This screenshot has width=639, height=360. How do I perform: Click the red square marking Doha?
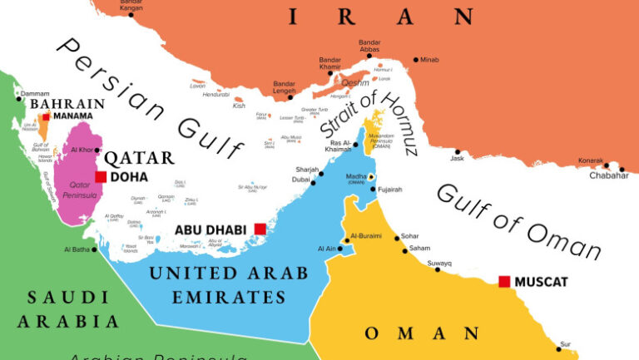(101, 177)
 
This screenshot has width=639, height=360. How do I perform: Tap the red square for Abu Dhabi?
(260, 229)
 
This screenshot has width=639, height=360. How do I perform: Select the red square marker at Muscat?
(503, 282)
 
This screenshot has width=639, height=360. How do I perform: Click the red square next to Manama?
(45, 117)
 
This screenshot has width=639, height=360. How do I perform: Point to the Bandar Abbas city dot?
(369, 57)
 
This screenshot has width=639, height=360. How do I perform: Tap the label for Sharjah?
(307, 170)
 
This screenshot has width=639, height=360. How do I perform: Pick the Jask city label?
(457, 159)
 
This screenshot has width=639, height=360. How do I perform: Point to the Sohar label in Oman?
(411, 236)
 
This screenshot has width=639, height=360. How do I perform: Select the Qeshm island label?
(355, 82)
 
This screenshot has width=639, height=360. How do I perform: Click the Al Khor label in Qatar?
(82, 150)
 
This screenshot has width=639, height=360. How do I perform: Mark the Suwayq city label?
(439, 264)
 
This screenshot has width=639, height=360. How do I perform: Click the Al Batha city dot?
(94, 249)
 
